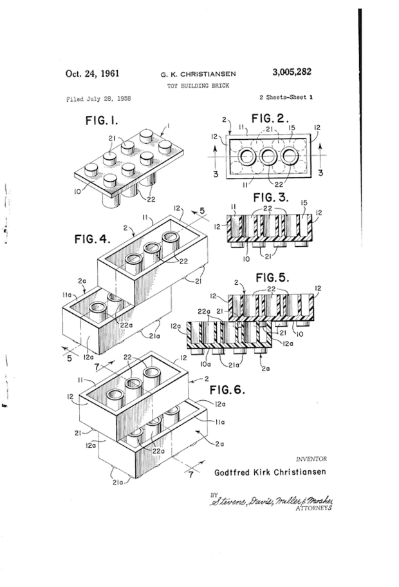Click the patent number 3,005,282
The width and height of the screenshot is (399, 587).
click(x=292, y=72)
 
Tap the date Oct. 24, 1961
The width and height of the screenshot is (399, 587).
click(x=93, y=73)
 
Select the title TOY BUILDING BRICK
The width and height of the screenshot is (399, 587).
click(x=198, y=86)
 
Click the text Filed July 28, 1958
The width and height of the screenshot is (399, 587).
click(x=98, y=99)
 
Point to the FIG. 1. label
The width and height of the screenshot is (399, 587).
click(x=102, y=121)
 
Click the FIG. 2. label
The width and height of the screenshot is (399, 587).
click(x=270, y=119)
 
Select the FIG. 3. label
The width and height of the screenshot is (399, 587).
click(x=271, y=198)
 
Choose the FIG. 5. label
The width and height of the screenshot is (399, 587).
click(x=273, y=278)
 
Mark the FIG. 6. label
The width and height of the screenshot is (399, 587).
click(x=227, y=390)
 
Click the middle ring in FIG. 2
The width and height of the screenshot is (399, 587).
click(x=268, y=157)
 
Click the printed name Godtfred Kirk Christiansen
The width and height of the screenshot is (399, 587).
click(x=270, y=472)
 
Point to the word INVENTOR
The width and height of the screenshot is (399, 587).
click(x=311, y=459)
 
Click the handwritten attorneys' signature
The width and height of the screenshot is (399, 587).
click(x=272, y=501)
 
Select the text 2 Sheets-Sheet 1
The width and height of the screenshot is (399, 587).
click(x=286, y=97)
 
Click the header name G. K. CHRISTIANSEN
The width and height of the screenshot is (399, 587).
click(x=198, y=74)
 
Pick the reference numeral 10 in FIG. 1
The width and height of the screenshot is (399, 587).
click(x=78, y=192)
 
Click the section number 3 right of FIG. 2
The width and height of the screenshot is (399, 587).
click(x=320, y=173)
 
